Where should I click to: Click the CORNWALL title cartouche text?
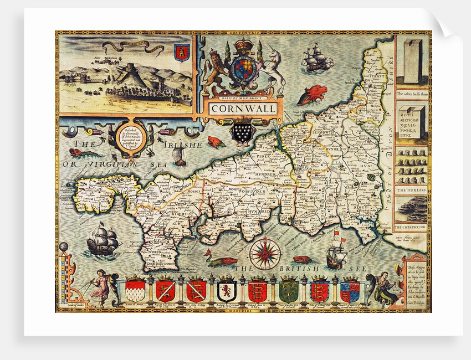242,109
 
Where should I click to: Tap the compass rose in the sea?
264,254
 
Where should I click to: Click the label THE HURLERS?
411,190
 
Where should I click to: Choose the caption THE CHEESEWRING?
411,227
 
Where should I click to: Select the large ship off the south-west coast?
104,239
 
